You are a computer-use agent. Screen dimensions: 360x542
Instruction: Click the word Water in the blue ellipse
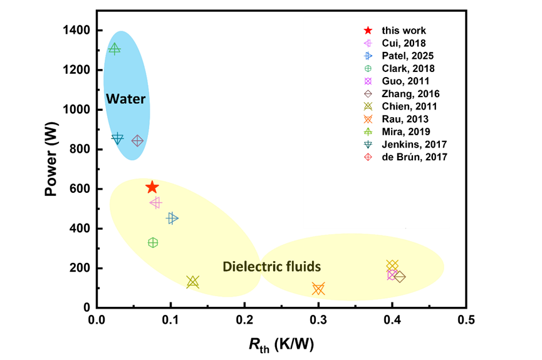pyautogui.click(x=125, y=99)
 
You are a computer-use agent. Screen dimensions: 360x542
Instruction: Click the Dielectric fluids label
pyautogui.click(x=271, y=267)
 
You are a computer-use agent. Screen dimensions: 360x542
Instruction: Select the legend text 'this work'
pyautogui.click(x=404, y=31)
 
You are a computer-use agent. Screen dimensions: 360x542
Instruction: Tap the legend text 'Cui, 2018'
pyautogui.click(x=404, y=43)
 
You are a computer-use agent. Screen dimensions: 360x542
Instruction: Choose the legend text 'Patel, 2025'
pyautogui.click(x=407, y=56)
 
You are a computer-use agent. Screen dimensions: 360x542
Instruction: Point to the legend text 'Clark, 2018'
pyautogui.click(x=408, y=68)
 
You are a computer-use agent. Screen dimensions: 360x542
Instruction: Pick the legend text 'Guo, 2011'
pyautogui.click(x=405, y=81)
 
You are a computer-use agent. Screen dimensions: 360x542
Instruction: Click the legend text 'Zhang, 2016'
pyautogui.click(x=410, y=94)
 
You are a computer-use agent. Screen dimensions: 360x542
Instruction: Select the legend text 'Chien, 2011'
pyautogui.click(x=409, y=106)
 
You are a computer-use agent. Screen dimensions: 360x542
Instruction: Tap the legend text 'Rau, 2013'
pyautogui.click(x=405, y=119)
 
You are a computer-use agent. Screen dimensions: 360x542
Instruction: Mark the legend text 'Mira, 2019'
pyautogui.click(x=407, y=131)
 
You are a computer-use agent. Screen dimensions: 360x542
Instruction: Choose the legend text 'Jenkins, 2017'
pyautogui.click(x=414, y=145)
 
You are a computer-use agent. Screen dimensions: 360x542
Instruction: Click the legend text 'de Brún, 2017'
pyautogui.click(x=414, y=157)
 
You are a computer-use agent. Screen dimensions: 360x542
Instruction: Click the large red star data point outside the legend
pyautogui.click(x=152, y=187)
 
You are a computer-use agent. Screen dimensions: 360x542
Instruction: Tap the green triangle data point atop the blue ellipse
pyautogui.click(x=114, y=48)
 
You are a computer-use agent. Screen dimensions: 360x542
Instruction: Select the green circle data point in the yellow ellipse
pyautogui.click(x=153, y=242)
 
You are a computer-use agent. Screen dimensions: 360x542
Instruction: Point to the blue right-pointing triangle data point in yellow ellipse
pyautogui.click(x=172, y=218)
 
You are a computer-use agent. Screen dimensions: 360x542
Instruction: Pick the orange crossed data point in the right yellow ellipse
pyautogui.click(x=318, y=289)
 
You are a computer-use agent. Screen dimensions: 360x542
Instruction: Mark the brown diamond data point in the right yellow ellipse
pyautogui.click(x=400, y=277)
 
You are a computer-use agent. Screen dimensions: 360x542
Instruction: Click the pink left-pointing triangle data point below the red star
pyautogui.click(x=155, y=202)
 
